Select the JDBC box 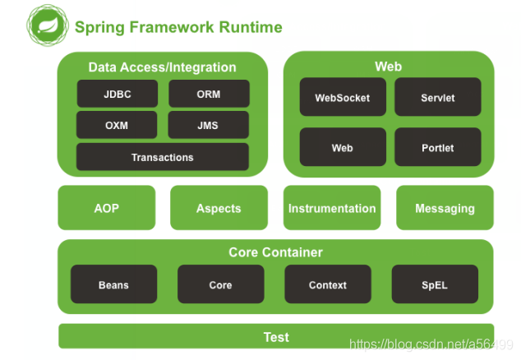point(118,94)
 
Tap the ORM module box point(209,94)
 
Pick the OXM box point(118,126)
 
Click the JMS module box point(209,126)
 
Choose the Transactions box point(163,157)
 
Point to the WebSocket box point(343,98)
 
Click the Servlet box point(437,98)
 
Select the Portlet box point(437,148)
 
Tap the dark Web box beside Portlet point(343,148)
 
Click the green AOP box point(107,208)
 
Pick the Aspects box point(219,208)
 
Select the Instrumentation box point(332,208)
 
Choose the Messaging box point(445,208)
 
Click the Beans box point(113,285)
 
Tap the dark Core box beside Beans point(220,285)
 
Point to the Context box point(328,285)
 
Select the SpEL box point(435,285)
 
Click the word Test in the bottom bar point(276,337)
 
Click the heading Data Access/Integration point(163,67)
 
